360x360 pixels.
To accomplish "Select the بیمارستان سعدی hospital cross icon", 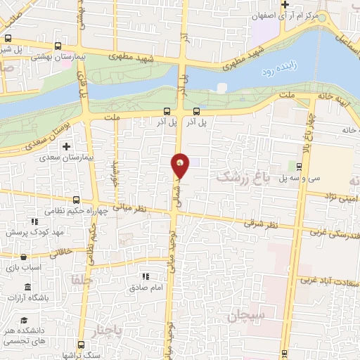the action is [66, 147].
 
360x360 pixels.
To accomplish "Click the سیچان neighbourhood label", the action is [247, 316].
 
